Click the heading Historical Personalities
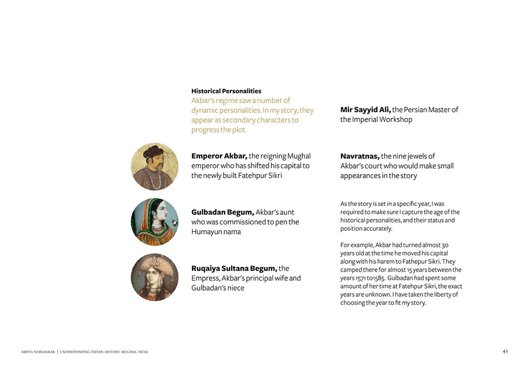point(226,91)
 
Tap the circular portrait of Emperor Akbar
point(154,167)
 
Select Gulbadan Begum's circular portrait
point(154,222)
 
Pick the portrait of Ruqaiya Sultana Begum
point(154,277)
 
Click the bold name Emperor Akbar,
point(219,156)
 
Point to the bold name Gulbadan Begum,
point(223,212)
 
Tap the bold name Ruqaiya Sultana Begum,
point(234,269)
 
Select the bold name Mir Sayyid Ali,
point(365,110)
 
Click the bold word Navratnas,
point(360,156)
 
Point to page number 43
point(505,351)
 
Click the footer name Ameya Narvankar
point(37,352)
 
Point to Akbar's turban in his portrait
point(153,151)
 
